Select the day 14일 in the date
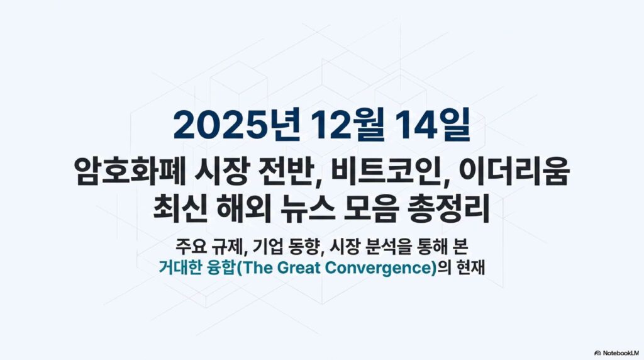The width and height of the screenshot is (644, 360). coord(433,125)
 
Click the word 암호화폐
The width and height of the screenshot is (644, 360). coord(128,171)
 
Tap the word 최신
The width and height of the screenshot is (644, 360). coord(179,209)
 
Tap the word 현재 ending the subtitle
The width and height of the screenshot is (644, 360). coord(471,267)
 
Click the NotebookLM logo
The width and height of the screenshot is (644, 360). coord(617,353)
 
